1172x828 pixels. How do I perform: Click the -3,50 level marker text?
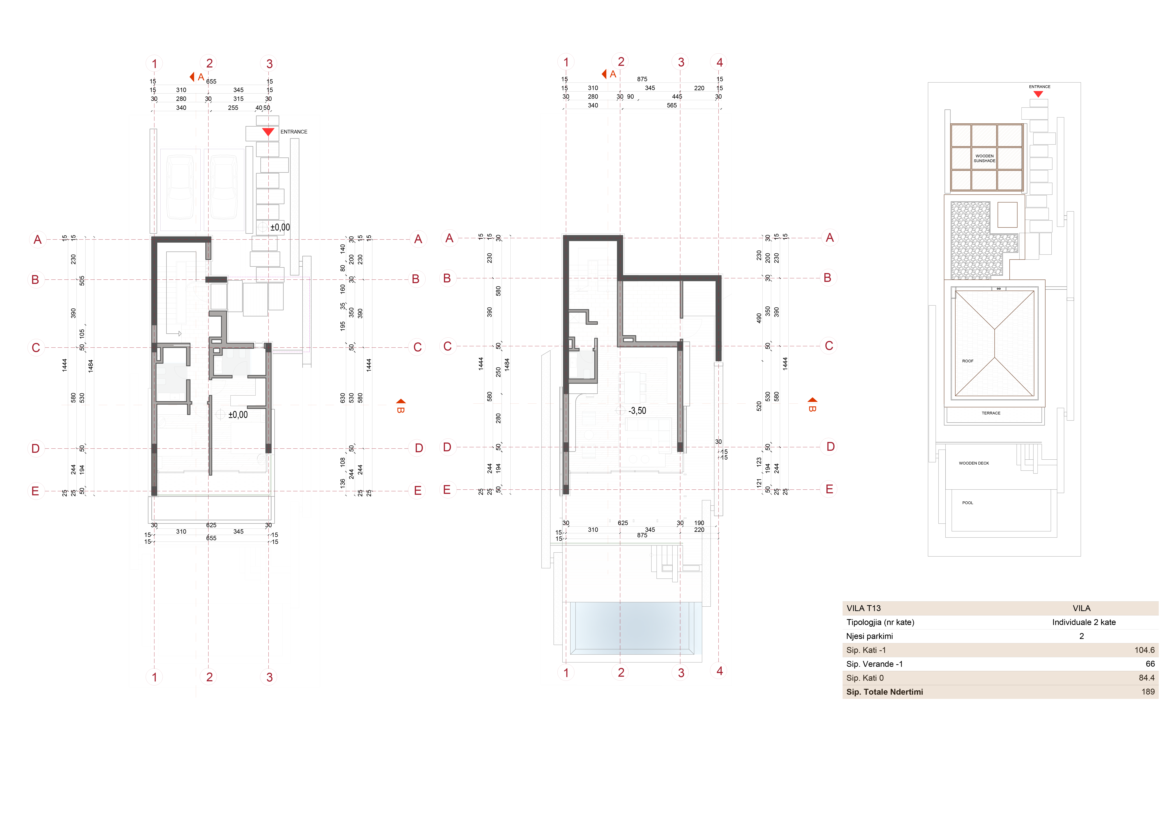click(637, 411)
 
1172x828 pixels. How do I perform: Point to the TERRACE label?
click(991, 413)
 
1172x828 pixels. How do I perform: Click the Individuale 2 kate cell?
click(1084, 622)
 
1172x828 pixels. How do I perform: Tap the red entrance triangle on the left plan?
click(268, 132)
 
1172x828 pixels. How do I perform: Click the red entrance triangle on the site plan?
click(1038, 94)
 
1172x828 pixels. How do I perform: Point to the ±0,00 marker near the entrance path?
click(280, 228)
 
